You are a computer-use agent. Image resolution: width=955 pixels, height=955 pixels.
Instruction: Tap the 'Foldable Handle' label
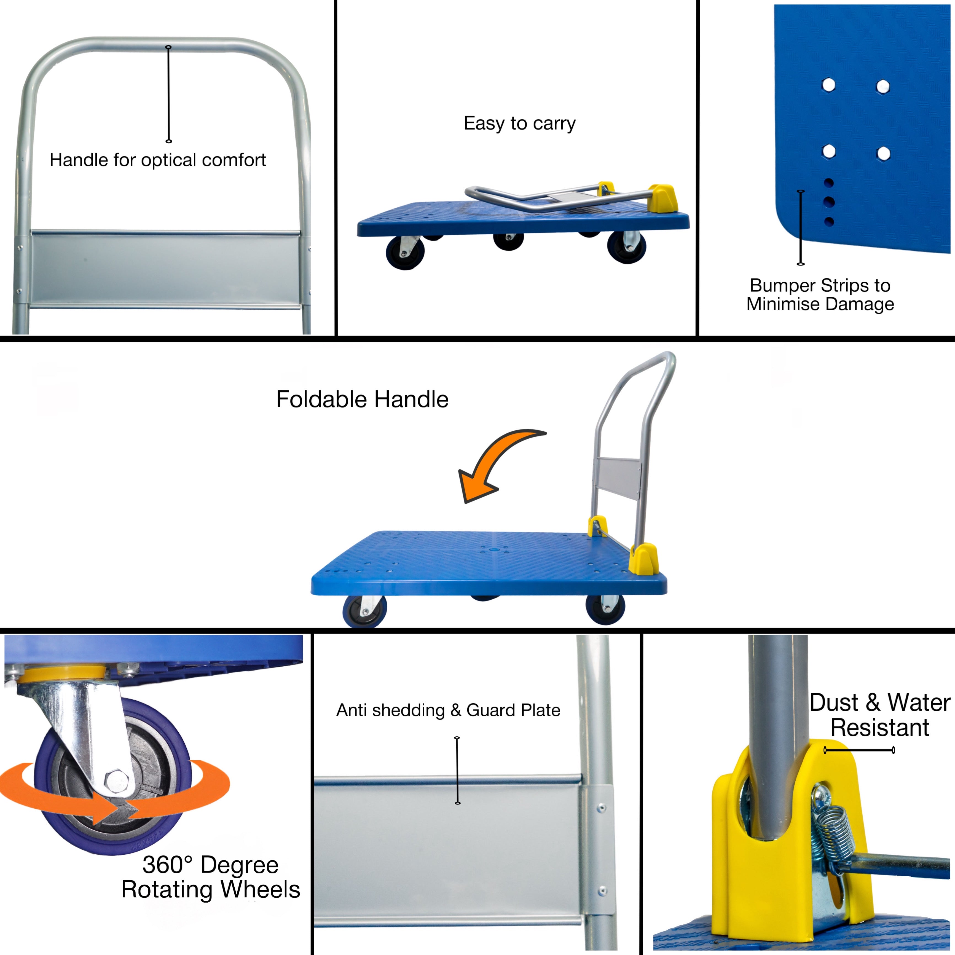362,399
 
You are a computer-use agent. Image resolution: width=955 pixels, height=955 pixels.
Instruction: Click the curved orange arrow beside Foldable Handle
494,462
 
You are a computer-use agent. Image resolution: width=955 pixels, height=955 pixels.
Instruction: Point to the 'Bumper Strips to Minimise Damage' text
820,295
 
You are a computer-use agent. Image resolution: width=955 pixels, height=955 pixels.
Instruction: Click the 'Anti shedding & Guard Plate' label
448,710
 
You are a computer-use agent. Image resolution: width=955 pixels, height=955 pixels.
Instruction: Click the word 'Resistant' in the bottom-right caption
880,728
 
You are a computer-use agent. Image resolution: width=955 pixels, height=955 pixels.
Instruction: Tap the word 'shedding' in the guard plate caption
408,710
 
